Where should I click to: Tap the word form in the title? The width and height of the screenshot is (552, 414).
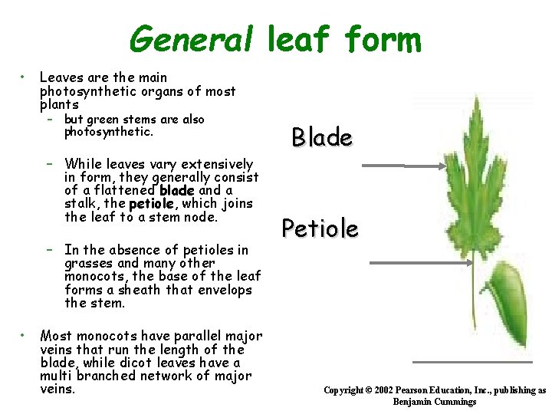[x=383, y=39]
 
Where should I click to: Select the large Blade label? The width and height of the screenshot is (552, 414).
[x=322, y=138]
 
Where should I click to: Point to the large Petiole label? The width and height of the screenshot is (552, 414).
[x=319, y=228]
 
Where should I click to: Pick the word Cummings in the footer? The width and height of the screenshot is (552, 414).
[x=455, y=402]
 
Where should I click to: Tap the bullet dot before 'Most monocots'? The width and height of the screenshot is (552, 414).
[x=25, y=335]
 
